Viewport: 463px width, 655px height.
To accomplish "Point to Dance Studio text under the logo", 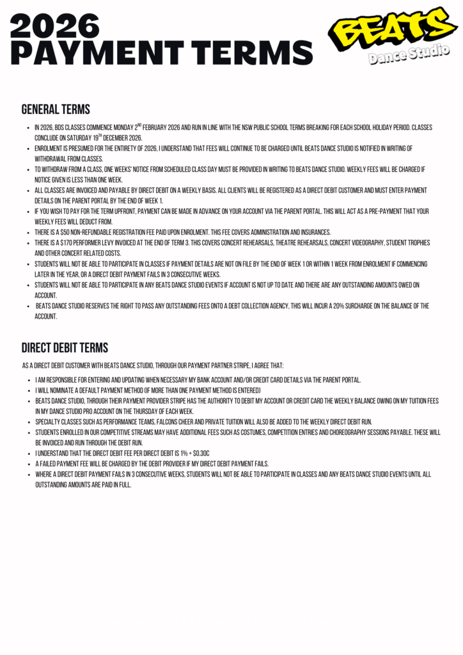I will [x=409, y=54].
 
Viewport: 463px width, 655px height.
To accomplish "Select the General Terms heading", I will [x=56, y=109].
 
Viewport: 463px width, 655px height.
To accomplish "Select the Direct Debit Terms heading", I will [x=65, y=348].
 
